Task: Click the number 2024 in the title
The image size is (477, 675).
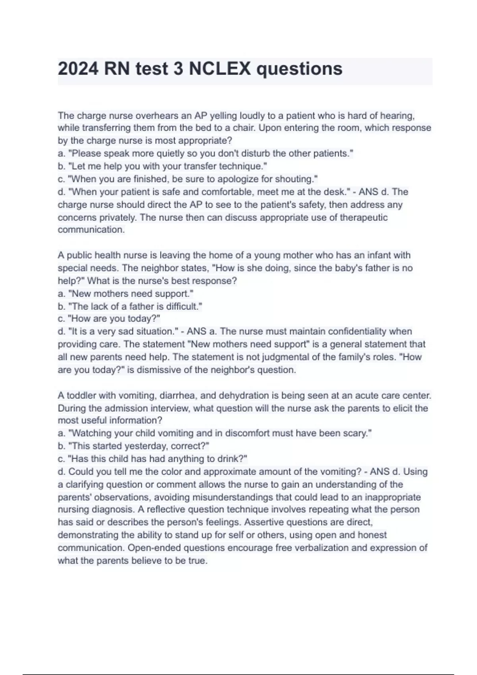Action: click(x=78, y=69)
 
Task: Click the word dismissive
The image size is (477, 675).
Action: click(x=160, y=370)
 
